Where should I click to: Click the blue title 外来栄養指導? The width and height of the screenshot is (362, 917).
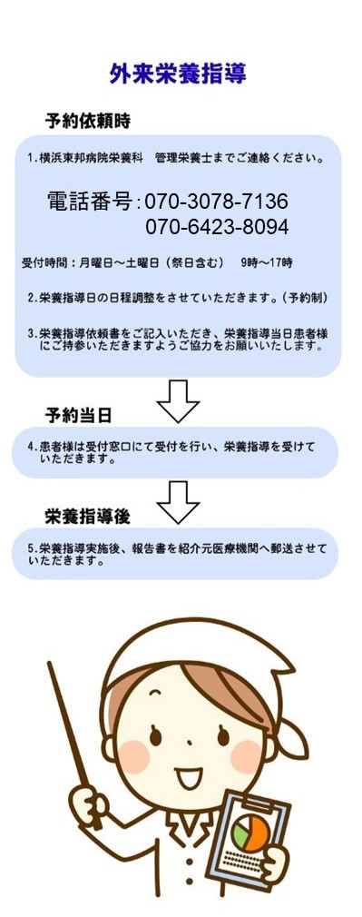pyautogui.click(x=178, y=74)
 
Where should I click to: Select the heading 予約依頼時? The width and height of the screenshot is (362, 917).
pyautogui.click(x=88, y=121)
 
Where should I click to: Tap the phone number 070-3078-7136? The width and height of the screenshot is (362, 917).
pyautogui.click(x=216, y=202)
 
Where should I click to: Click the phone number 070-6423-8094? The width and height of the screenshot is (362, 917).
pyautogui.click(x=216, y=226)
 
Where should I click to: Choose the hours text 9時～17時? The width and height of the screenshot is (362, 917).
pyautogui.click(x=267, y=263)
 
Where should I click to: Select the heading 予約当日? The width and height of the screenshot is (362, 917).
pyautogui.click(x=78, y=416)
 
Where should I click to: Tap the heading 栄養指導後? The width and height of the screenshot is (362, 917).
pyautogui.click(x=88, y=517)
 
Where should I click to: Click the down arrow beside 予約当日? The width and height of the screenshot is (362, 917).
pyautogui.click(x=179, y=401)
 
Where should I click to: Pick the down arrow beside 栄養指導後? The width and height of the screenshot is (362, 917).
pyautogui.click(x=179, y=502)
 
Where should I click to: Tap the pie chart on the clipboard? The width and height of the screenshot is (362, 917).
pyautogui.click(x=249, y=833)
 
